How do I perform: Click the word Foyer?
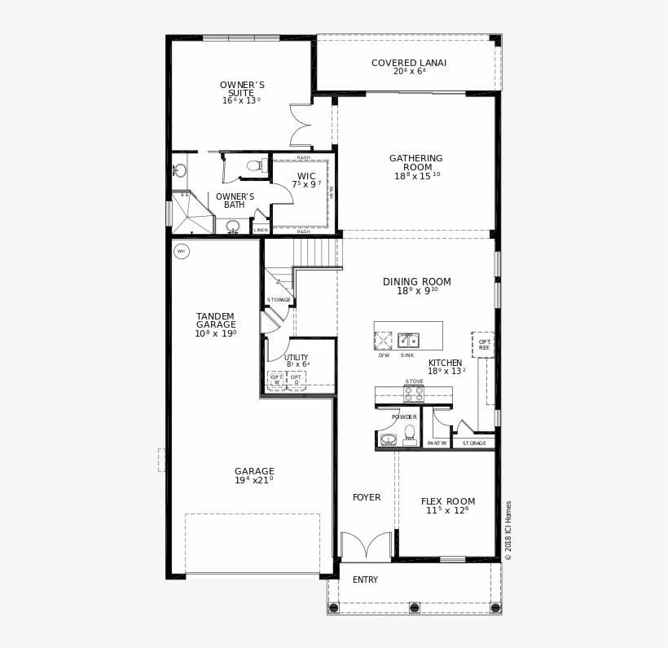click(x=367, y=497)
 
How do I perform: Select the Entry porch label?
click(x=365, y=580)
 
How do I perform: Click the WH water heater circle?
click(x=182, y=251)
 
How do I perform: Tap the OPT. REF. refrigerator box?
click(x=483, y=345)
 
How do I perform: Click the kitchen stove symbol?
click(x=414, y=395)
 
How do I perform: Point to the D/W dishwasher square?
click(x=383, y=341)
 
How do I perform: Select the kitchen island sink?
click(x=408, y=341)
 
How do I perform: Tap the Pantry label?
click(x=437, y=443)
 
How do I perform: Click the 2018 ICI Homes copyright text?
click(x=508, y=530)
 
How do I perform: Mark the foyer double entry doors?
click(x=366, y=546)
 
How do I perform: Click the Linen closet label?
click(x=261, y=230)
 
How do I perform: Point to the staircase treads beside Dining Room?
click(x=317, y=253)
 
